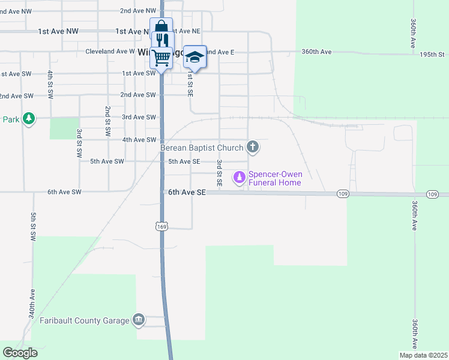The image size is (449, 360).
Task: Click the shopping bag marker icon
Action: click(161, 28)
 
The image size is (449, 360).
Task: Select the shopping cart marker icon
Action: click(161, 58)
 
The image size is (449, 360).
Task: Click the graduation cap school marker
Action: click(194, 56)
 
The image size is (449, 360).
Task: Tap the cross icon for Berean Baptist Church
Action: click(253, 147)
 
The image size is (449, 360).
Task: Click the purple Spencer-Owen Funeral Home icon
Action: click(240, 177)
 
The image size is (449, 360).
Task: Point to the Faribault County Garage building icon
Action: click(139, 319)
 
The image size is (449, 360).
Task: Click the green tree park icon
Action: click(28, 118)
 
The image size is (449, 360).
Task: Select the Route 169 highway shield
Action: click(161, 226)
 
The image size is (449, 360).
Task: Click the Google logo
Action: click(20, 352)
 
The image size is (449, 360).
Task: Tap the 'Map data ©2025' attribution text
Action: click(423, 355)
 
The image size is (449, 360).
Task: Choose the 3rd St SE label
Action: click(220, 173)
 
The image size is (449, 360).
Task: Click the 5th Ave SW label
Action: click(107, 161)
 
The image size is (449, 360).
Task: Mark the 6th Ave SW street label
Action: click(64, 192)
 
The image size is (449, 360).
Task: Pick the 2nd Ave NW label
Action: click(138, 11)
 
